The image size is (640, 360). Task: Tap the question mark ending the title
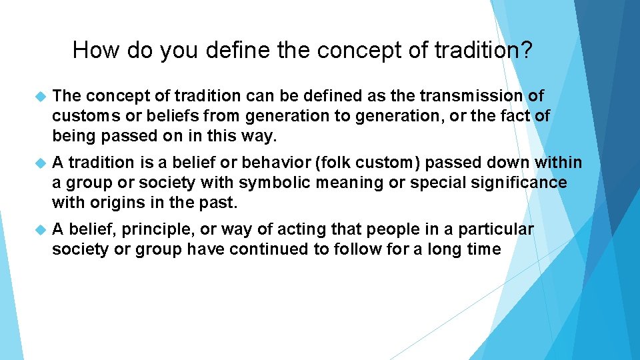pyautogui.click(x=526, y=50)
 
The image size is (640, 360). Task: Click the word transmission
pyautogui.click(x=475, y=97)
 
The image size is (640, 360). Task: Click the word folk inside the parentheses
pyautogui.click(x=361, y=163)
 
